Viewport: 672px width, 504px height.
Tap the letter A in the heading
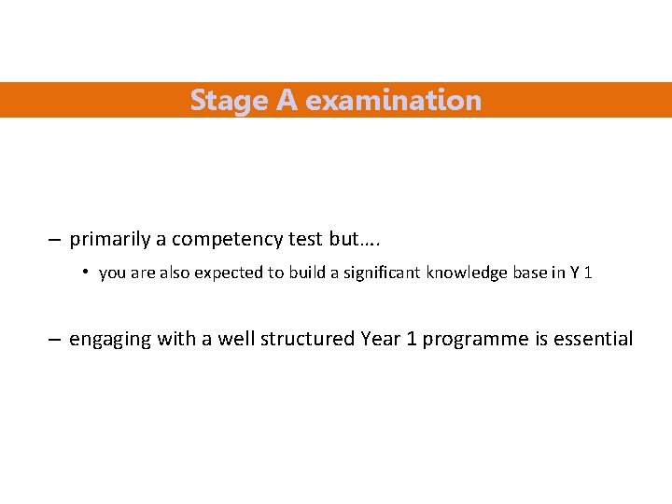pyautogui.click(x=287, y=100)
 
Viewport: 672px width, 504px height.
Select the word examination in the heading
pyautogui.click(x=393, y=100)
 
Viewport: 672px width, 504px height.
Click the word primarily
pyautogui.click(x=110, y=239)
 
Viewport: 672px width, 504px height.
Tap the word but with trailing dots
pyautogui.click(x=356, y=239)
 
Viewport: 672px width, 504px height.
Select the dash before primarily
pyautogui.click(x=55, y=240)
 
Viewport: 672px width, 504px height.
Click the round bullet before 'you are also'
pyautogui.click(x=84, y=273)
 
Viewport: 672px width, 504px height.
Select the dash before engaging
pyautogui.click(x=55, y=340)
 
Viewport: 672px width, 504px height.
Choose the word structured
pyautogui.click(x=306, y=339)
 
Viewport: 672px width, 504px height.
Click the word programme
pyautogui.click(x=476, y=340)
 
